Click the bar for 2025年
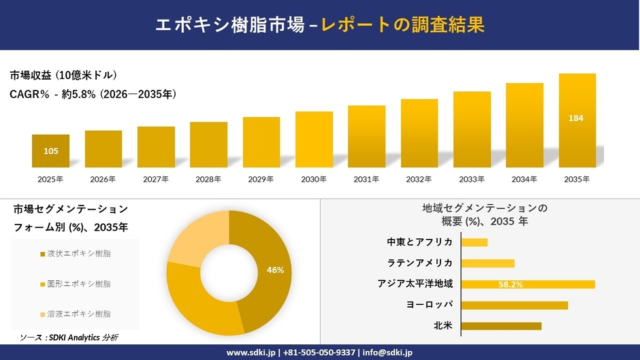point(50,151)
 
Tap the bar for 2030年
point(314,140)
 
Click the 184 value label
point(576,118)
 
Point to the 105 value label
point(50,151)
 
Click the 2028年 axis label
point(208,180)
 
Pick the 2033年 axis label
point(472,180)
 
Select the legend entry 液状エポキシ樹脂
point(75,254)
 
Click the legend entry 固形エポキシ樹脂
point(75,284)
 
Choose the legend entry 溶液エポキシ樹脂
point(75,314)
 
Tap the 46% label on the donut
point(275,270)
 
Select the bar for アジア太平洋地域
point(528,284)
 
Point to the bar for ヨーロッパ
point(514,305)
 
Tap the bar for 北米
point(501,326)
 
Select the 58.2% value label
point(510,284)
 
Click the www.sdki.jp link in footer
point(250,352)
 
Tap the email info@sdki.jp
point(387,352)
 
